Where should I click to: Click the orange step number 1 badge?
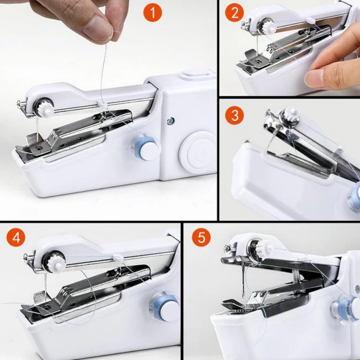click(x=153, y=13)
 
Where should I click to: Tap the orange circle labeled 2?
click(x=234, y=13)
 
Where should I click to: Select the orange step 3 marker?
click(x=234, y=115)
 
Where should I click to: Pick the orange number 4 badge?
click(x=16, y=237)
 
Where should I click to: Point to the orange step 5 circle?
click(x=201, y=237)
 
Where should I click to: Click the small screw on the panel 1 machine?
click(x=170, y=120)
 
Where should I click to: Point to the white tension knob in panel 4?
click(x=56, y=262)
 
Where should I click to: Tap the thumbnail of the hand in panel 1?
click(x=96, y=27)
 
